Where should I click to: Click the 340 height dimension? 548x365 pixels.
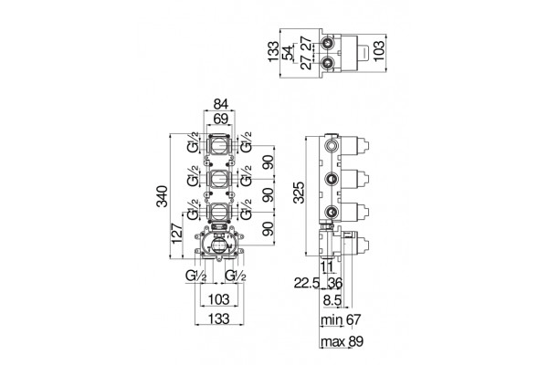click(x=163, y=196)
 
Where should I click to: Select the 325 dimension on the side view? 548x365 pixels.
click(x=299, y=193)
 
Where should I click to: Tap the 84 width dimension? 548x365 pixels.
click(x=221, y=104)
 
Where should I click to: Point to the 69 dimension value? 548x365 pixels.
click(x=221, y=119)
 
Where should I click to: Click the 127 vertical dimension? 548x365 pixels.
click(x=177, y=233)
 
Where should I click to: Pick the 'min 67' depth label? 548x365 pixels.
click(x=341, y=319)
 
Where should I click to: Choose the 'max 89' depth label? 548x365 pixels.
click(x=342, y=341)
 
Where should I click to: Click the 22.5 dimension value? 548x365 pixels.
click(x=307, y=283)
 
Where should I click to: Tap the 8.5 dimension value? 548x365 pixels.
click(x=332, y=300)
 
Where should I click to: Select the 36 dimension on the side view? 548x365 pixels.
click(x=335, y=283)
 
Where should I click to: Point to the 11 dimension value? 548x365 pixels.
click(x=328, y=266)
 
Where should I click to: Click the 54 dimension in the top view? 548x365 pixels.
click(x=289, y=54)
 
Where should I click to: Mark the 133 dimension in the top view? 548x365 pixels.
click(x=274, y=52)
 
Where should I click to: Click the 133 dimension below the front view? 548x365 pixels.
click(x=219, y=318)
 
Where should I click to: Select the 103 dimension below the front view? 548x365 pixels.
click(x=219, y=299)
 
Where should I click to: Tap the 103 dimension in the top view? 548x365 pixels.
click(x=379, y=51)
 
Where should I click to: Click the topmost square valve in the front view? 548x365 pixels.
click(x=219, y=144)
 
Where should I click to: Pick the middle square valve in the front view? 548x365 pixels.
click(x=219, y=180)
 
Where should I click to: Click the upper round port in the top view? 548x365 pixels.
click(x=328, y=44)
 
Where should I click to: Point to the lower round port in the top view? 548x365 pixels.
click(x=328, y=63)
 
